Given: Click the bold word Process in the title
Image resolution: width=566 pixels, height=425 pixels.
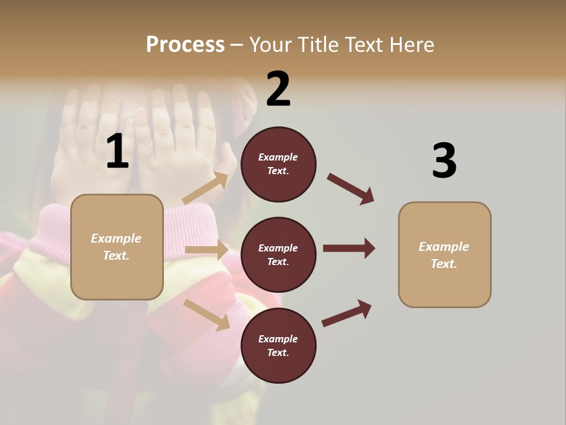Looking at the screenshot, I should click(x=185, y=45).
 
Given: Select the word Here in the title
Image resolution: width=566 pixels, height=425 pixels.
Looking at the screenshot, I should click(x=410, y=45).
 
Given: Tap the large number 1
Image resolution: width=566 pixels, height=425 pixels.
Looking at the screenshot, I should click(x=117, y=152).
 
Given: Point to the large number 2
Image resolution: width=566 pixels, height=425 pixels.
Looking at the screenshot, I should click(x=278, y=89).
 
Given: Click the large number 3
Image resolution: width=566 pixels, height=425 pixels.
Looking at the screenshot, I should click(x=444, y=161).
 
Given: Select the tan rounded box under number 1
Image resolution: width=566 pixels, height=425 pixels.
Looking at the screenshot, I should click(x=117, y=247).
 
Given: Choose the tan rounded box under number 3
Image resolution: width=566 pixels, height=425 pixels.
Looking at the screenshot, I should click(x=445, y=255).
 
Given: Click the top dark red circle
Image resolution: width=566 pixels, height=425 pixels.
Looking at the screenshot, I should click(x=278, y=164).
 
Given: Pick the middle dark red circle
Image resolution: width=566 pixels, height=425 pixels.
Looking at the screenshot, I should click(x=278, y=255).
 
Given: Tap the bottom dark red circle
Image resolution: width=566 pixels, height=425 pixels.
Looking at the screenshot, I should click(x=278, y=346).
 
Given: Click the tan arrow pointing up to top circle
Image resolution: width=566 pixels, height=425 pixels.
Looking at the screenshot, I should click(x=205, y=189).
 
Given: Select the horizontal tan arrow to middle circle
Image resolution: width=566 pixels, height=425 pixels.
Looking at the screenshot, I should click(x=206, y=250).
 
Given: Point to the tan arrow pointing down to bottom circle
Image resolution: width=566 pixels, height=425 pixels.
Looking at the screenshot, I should click(x=206, y=315).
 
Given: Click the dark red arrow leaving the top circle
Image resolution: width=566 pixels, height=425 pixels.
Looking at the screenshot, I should click(x=351, y=189).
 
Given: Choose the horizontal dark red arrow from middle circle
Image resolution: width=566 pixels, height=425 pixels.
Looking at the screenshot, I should click(x=349, y=249).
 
